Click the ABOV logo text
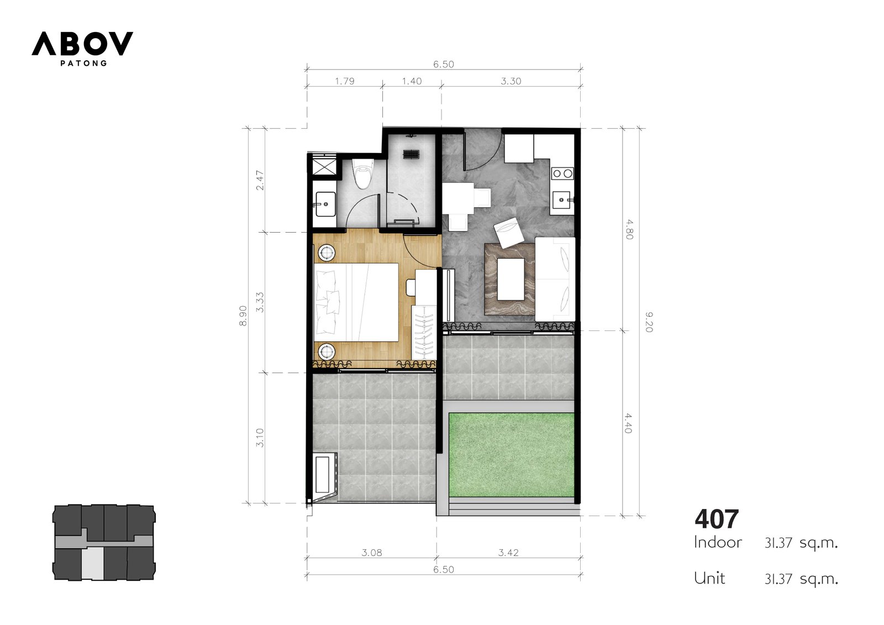point(82,44)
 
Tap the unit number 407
point(716,519)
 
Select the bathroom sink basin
point(325,204)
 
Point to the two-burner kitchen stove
point(562,174)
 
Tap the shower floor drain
point(411,154)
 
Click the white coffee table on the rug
point(511,279)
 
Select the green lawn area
point(511,455)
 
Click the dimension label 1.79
point(345,81)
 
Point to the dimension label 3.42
point(508,553)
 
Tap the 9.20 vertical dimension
point(649,322)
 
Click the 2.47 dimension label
point(260,180)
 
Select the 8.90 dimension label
point(243,316)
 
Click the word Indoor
point(718,543)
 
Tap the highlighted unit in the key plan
point(92,563)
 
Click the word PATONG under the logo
point(83,63)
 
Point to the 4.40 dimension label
point(628,423)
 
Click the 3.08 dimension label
point(372,553)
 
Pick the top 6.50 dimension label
point(444,64)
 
